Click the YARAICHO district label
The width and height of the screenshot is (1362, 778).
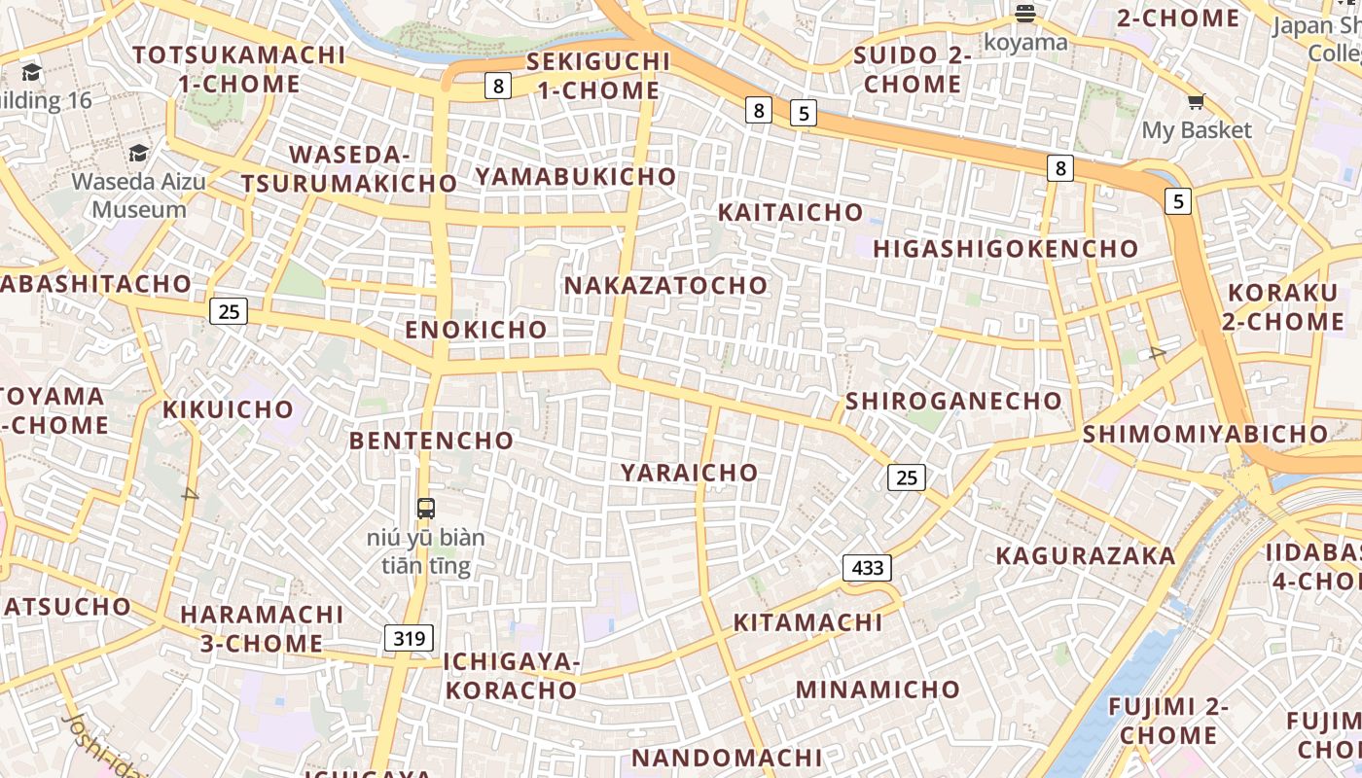pyautogui.click(x=689, y=473)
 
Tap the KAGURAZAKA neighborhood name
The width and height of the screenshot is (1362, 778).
pyautogui.click(x=1085, y=556)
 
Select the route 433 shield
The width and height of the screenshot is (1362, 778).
pyautogui.click(x=867, y=567)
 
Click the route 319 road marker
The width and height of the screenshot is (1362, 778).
pyautogui.click(x=409, y=638)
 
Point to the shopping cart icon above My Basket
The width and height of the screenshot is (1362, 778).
pyautogui.click(x=1196, y=101)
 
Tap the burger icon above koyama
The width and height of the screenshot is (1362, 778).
pyautogui.click(x=1024, y=14)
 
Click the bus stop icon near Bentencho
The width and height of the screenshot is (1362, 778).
pyautogui.click(x=426, y=508)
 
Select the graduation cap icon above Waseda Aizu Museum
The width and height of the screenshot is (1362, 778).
pyautogui.click(x=138, y=153)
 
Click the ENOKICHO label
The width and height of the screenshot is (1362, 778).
pyautogui.click(x=476, y=330)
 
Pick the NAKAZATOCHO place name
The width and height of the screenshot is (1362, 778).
pyautogui.click(x=665, y=286)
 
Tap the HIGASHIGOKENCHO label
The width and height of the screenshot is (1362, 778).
pyautogui.click(x=1005, y=249)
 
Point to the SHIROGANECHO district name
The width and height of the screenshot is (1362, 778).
pyautogui.click(x=953, y=401)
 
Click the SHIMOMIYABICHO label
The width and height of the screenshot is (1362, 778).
pyautogui.click(x=1204, y=434)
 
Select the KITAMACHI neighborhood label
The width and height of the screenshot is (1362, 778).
pyautogui.click(x=807, y=622)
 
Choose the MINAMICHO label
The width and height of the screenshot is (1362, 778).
pyautogui.click(x=878, y=690)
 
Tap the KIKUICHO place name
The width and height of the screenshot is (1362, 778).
pyautogui.click(x=228, y=409)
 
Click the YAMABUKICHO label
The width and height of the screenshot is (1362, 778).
pyautogui.click(x=575, y=177)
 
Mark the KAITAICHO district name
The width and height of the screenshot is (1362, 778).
pyautogui.click(x=790, y=212)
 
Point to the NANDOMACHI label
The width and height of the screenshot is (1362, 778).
pyautogui.click(x=727, y=758)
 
